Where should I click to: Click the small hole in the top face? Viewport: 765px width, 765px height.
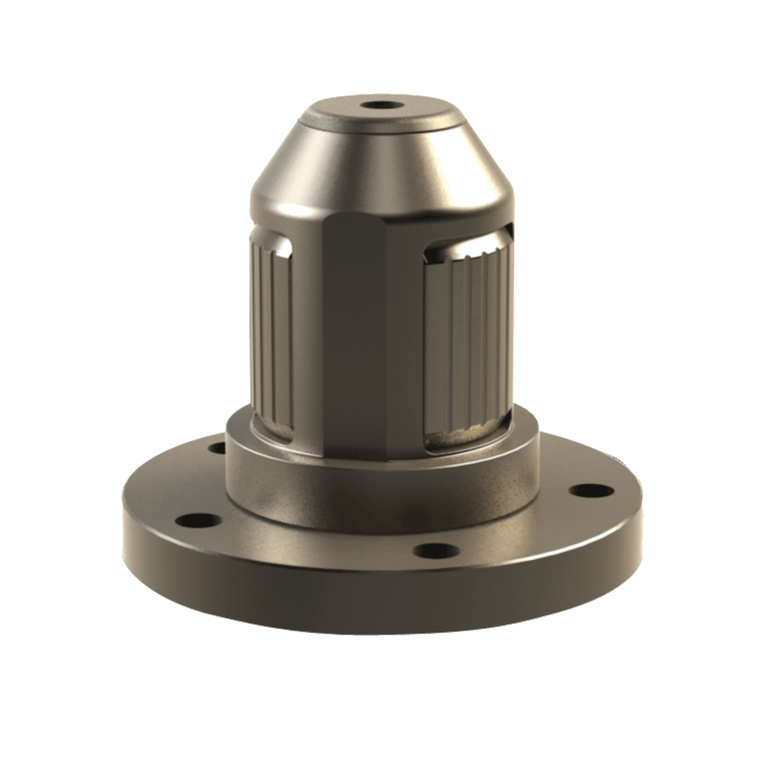point(382,107)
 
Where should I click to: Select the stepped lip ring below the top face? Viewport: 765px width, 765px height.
point(382,127)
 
